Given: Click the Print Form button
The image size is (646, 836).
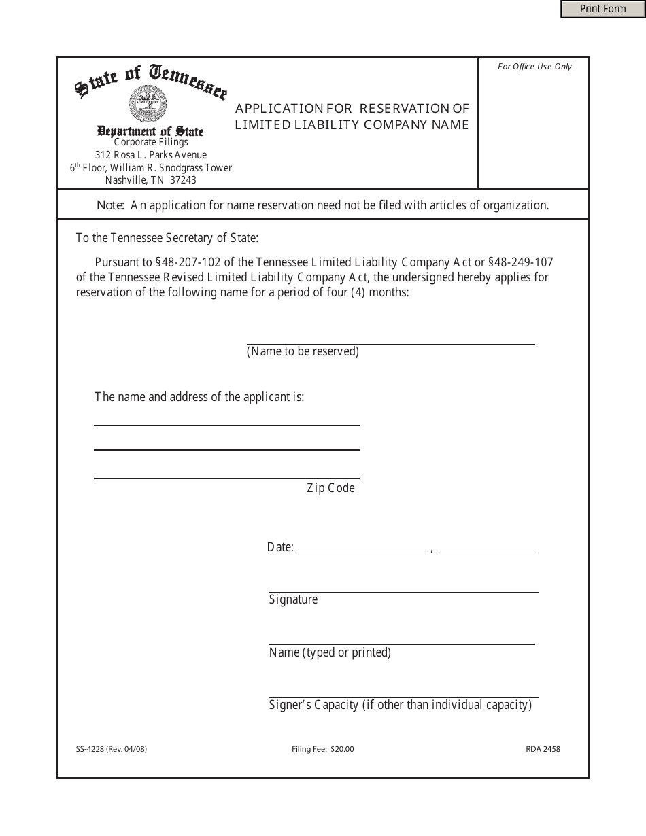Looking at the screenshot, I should (x=602, y=9).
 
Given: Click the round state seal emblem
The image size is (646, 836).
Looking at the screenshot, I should (x=148, y=104).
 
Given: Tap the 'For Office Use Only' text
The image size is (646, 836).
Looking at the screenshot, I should (x=534, y=67).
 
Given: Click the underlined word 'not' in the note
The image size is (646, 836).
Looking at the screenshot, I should (x=352, y=205).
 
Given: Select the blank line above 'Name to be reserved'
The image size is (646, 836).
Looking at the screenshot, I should (x=390, y=342).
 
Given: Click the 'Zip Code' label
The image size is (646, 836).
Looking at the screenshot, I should (x=330, y=488).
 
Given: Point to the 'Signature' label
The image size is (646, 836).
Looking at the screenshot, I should (x=293, y=599).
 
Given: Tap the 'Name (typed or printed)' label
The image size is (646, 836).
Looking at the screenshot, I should (x=330, y=652).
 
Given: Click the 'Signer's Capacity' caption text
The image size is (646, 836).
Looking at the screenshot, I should (x=400, y=705).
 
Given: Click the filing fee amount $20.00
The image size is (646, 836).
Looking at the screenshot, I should (x=342, y=750).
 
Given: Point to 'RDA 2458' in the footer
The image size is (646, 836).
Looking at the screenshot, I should (x=543, y=750).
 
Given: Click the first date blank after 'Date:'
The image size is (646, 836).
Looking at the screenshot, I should (x=362, y=551).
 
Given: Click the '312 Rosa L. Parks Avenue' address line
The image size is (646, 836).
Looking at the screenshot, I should (x=151, y=155).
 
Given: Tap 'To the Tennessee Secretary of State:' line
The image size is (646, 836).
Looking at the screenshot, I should (x=167, y=238).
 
